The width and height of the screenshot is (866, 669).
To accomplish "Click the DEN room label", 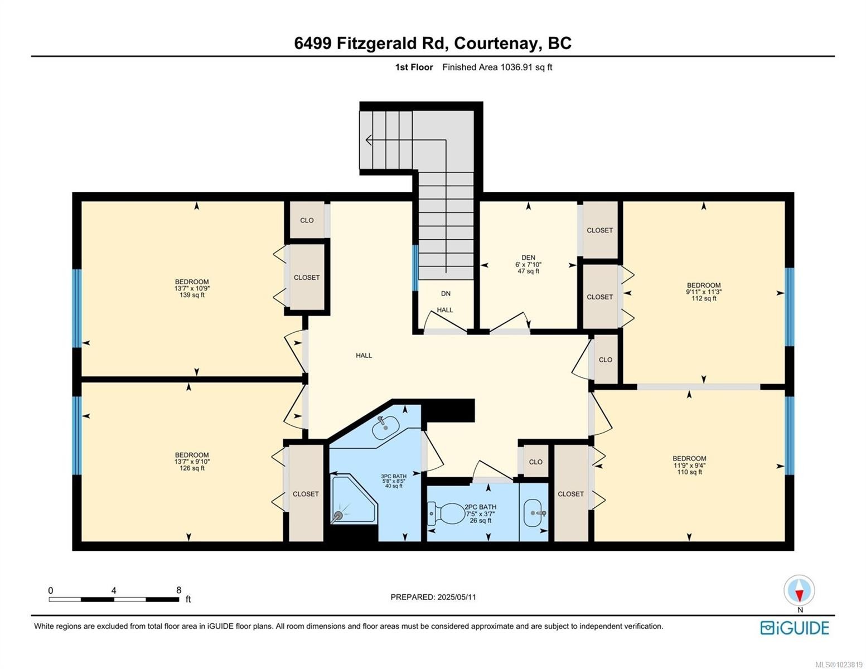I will pyautogui.click(x=528, y=258).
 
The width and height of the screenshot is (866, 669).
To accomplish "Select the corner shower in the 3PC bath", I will pyautogui.click(x=352, y=499).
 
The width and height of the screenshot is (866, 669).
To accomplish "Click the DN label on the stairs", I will pyautogui.click(x=446, y=294).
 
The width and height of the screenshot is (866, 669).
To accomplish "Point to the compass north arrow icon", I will pyautogui.click(x=799, y=590).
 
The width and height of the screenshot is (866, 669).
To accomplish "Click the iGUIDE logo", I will pyautogui.click(x=795, y=628).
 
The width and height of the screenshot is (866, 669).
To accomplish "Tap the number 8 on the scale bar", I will pyautogui.click(x=178, y=590).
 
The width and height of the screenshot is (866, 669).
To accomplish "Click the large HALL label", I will pyautogui.click(x=364, y=356).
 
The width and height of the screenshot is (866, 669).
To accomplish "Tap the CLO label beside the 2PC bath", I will pyautogui.click(x=535, y=462).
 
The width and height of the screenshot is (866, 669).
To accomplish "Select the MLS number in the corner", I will pyautogui.click(x=839, y=664).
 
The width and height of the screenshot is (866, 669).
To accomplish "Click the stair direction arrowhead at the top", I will pyautogui.click(x=369, y=140).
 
